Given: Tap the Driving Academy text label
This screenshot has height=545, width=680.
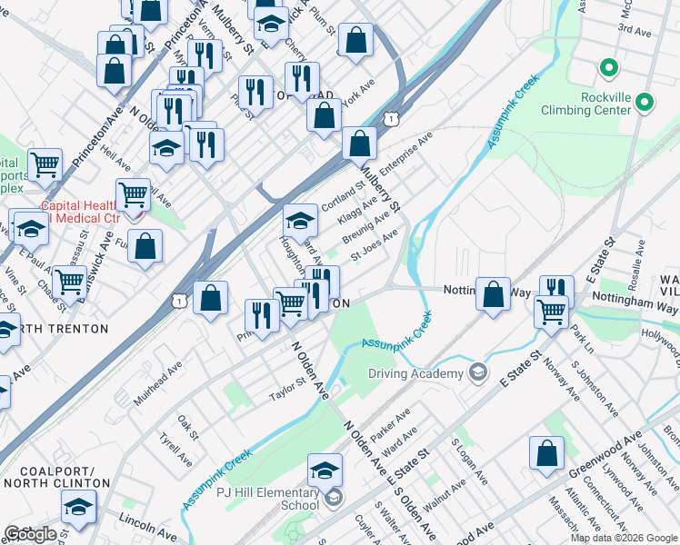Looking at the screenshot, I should point(415,373).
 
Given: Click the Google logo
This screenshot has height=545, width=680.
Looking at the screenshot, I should point(31,534).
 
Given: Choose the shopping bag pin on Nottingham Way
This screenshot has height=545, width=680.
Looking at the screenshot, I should point(493,294).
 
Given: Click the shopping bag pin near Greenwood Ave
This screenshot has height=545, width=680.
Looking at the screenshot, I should point(546,454).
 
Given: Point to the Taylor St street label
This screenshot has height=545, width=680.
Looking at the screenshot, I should point(287,390).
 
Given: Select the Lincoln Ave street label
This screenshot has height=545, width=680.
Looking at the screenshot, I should point(147,524).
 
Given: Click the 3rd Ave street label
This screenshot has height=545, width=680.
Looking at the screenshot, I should point(636,29).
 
